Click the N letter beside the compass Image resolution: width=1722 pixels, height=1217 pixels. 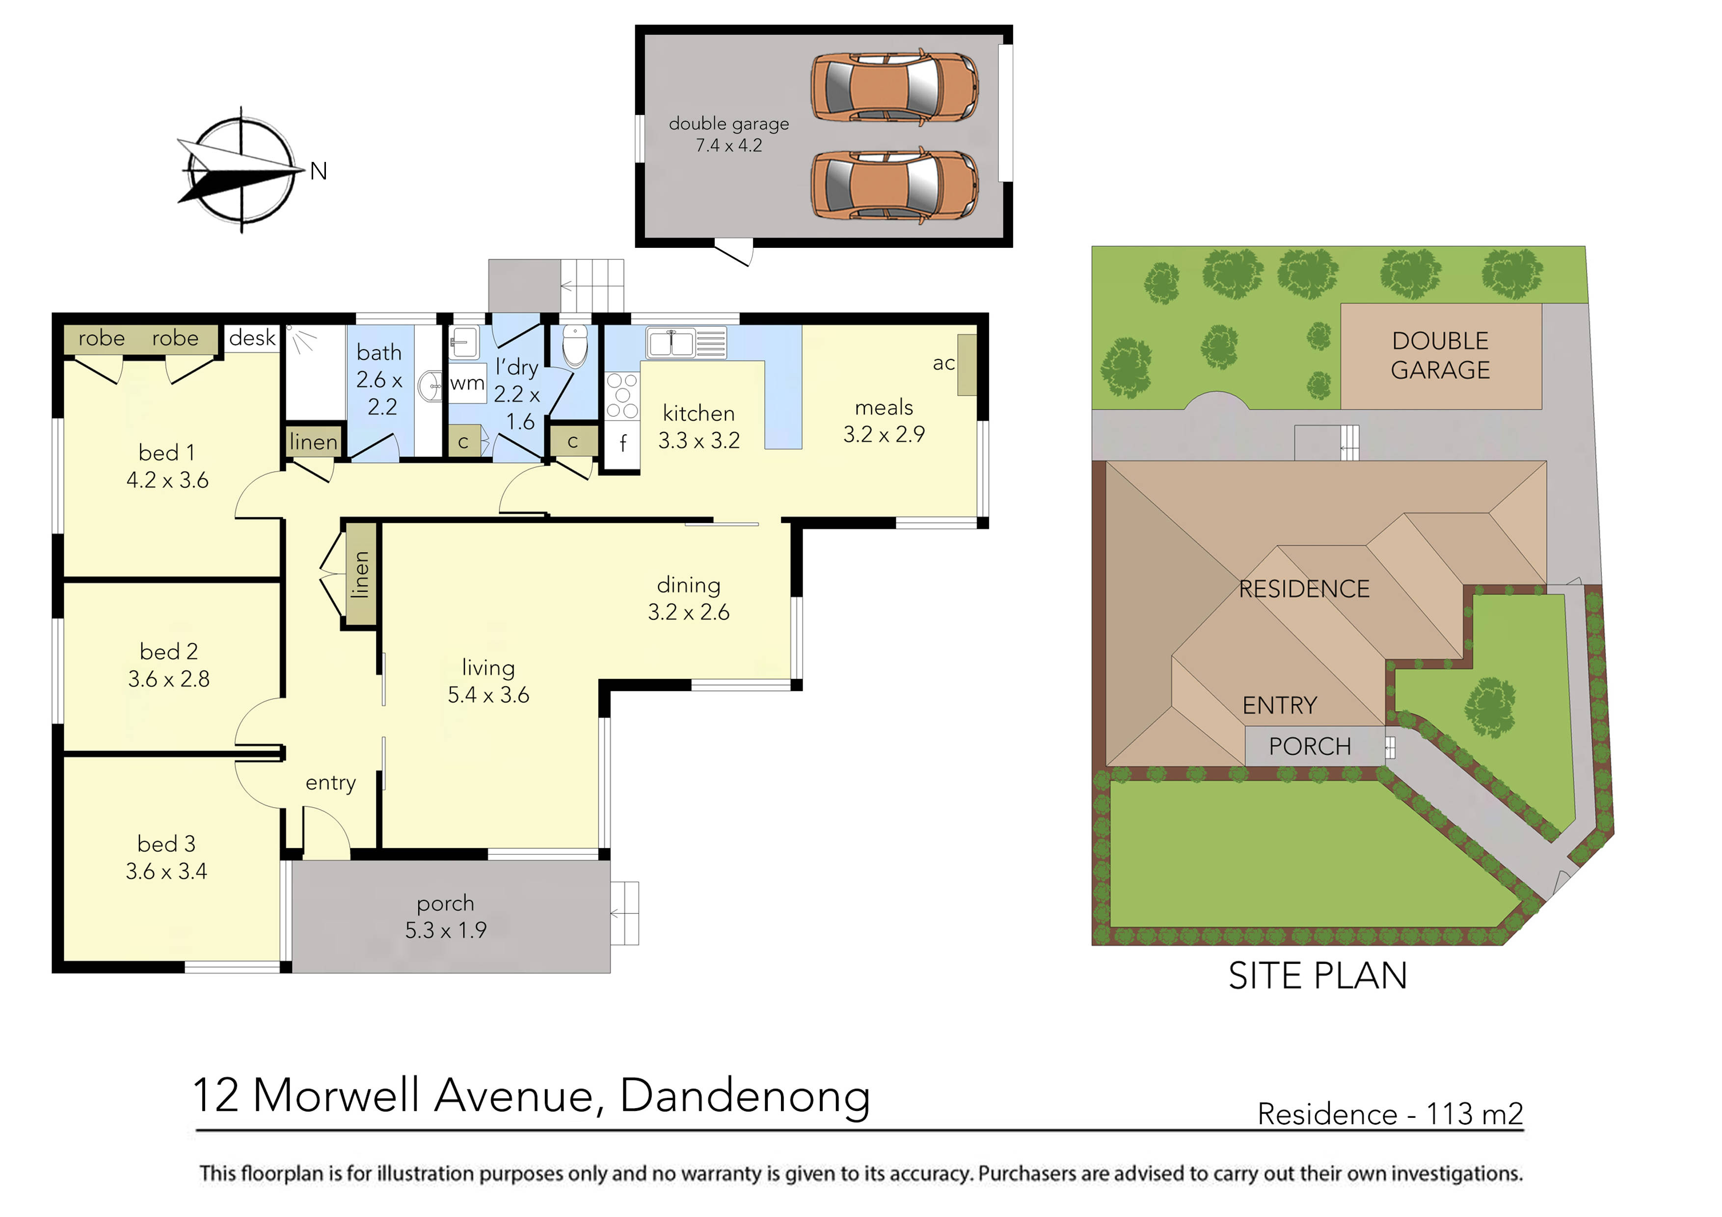click(x=319, y=172)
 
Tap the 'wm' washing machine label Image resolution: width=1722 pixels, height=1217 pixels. click(x=467, y=383)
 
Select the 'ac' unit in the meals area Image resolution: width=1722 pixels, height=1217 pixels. click(x=966, y=365)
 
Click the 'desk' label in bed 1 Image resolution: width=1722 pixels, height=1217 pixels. click(x=252, y=338)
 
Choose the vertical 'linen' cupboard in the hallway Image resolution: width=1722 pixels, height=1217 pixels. click(x=361, y=574)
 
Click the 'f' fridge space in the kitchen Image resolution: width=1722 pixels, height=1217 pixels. click(x=622, y=443)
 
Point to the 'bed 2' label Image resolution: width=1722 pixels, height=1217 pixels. click(x=169, y=652)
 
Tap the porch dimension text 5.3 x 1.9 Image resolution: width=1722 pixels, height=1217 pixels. click(x=446, y=930)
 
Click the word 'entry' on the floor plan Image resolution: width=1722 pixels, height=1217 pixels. click(x=331, y=783)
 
